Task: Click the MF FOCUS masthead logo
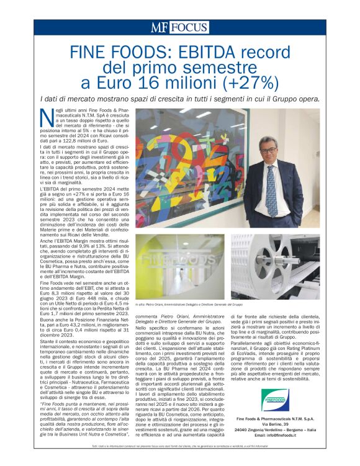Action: point(179,27)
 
